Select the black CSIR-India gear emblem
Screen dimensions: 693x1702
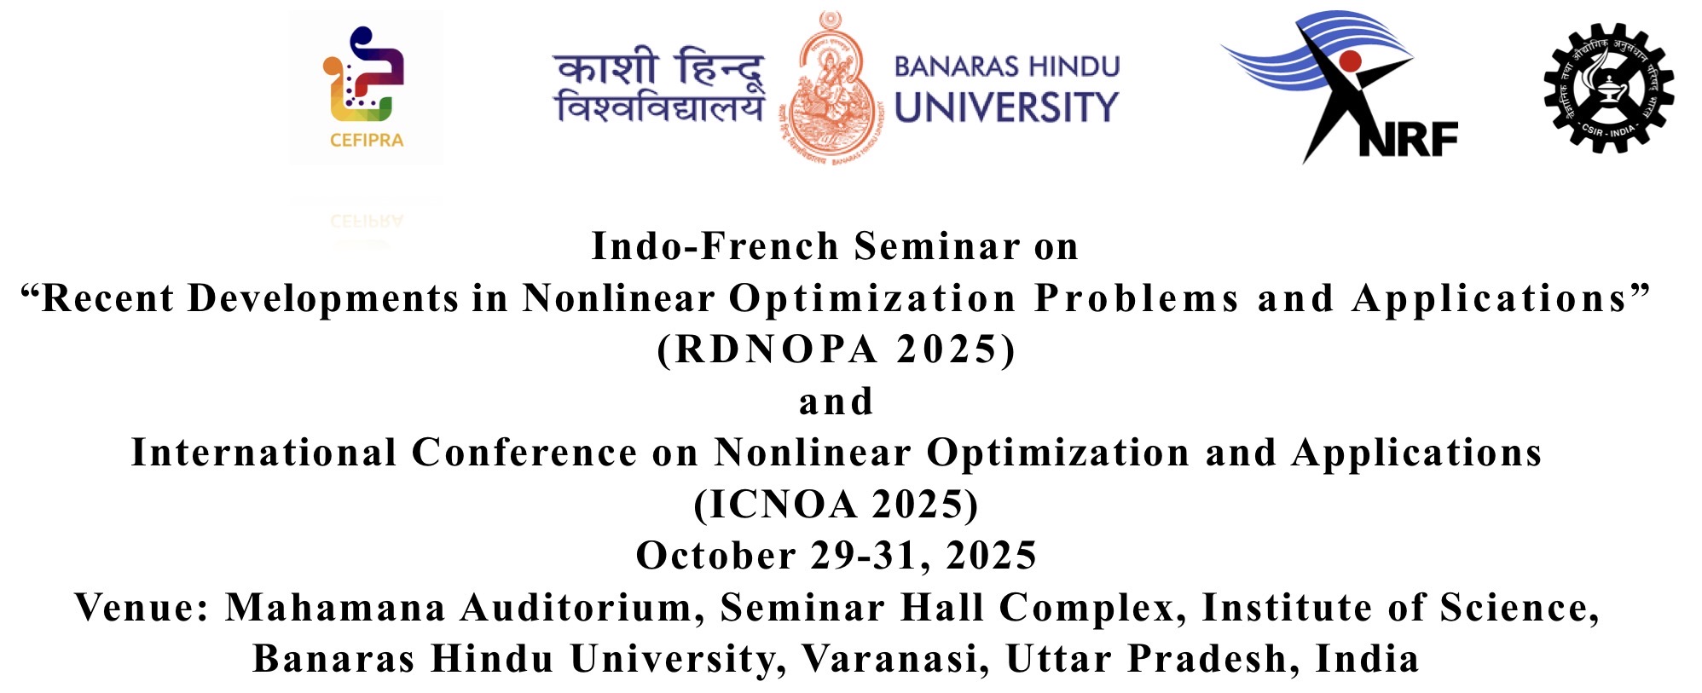coord(1608,88)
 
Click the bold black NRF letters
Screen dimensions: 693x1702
coord(1408,139)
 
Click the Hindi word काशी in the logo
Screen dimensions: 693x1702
coord(605,66)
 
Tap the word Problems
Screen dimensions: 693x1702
coord(1136,298)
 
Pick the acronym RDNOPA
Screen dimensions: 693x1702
coord(776,349)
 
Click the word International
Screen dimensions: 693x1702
coord(263,453)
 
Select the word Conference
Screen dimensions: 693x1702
coord(524,453)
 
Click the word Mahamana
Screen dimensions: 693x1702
coord(335,608)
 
